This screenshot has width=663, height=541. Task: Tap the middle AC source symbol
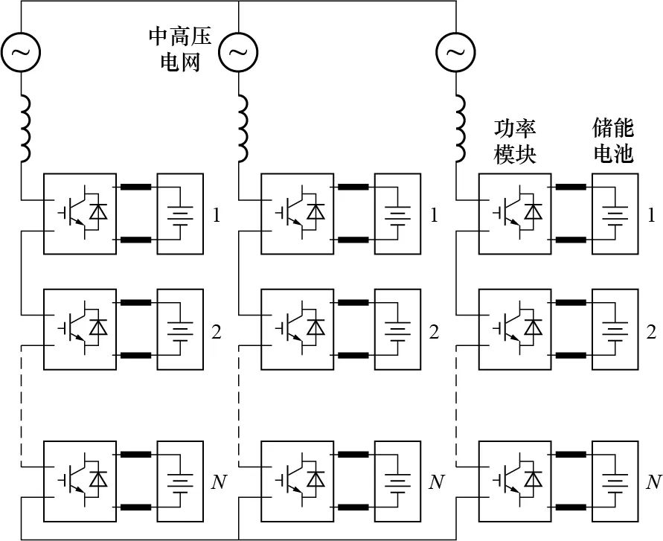tap(238, 51)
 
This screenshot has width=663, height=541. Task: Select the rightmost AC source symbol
tap(455, 51)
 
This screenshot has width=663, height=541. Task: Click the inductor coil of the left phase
tap(25, 128)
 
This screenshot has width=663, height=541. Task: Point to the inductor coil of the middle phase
tap(243, 128)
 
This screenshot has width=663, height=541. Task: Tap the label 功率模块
tap(515, 141)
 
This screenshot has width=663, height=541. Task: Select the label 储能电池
tap(613, 141)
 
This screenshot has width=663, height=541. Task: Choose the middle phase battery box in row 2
tap(397, 329)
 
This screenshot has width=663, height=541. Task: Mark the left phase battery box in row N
tap(179, 479)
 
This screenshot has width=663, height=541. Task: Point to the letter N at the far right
tap(653, 481)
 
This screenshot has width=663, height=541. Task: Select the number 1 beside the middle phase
tap(434, 217)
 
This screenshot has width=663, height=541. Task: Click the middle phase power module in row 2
tap(298, 329)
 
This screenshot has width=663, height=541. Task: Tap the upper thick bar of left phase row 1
tap(135, 187)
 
